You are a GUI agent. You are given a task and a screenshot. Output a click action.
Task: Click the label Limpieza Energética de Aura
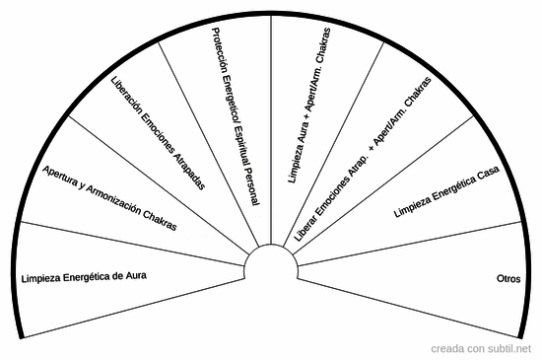click(84, 276)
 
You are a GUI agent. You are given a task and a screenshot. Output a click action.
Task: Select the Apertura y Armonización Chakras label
click(110, 198)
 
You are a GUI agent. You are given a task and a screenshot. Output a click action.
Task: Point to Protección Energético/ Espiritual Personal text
click(236, 116)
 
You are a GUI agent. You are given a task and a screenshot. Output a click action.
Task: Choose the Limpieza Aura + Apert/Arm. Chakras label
click(307, 107)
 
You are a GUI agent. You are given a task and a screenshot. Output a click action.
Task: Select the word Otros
click(509, 278)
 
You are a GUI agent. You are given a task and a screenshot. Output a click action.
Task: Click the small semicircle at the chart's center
click(271, 262)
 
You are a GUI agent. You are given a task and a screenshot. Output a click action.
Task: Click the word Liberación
click(129, 98)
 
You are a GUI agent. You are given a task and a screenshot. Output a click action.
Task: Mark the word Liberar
click(305, 229)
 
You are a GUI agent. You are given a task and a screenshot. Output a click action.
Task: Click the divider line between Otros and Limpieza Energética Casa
click(414, 237)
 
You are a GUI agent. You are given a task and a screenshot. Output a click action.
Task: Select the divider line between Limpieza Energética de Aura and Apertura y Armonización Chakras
click(128, 243)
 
